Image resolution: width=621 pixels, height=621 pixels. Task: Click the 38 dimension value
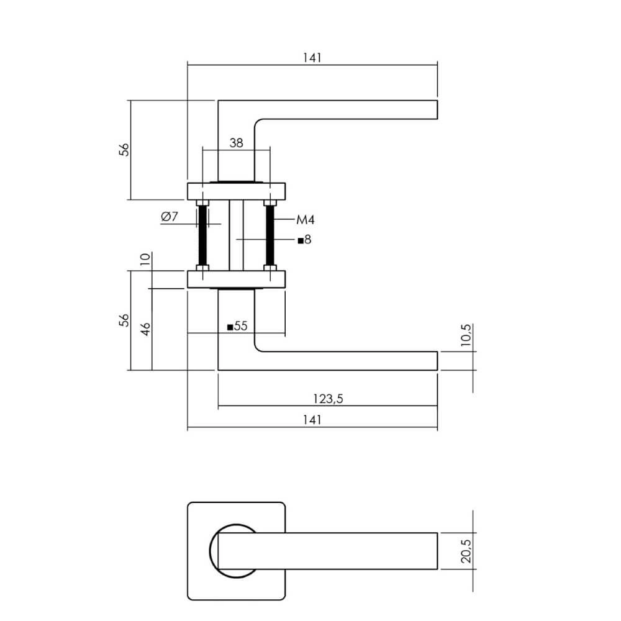pyautogui.click(x=236, y=143)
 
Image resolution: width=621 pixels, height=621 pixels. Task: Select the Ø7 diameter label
pyautogui.click(x=170, y=217)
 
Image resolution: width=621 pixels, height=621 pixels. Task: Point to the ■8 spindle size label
pyautogui.click(x=304, y=240)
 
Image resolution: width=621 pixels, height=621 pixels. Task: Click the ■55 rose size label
pyautogui.click(x=237, y=326)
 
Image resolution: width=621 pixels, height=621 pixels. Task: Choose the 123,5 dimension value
pyautogui.click(x=328, y=399)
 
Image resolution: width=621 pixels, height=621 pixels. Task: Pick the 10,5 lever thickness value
pyautogui.click(x=468, y=338)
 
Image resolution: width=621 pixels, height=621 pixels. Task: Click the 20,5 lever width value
pyautogui.click(x=468, y=551)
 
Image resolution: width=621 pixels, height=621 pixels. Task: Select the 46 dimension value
pyautogui.click(x=145, y=329)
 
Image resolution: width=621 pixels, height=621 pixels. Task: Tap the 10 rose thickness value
pyautogui.click(x=145, y=259)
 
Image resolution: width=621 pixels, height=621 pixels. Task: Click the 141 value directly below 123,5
pyautogui.click(x=312, y=420)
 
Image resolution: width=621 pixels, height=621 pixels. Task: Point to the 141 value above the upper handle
pyautogui.click(x=312, y=57)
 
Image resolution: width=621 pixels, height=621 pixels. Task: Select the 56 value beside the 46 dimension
pyautogui.click(x=124, y=320)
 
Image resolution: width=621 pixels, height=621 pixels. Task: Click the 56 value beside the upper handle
pyautogui.click(x=124, y=150)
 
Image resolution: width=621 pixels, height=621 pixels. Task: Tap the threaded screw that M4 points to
pyautogui.click(x=270, y=236)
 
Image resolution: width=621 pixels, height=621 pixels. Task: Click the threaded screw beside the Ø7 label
pyautogui.click(x=202, y=236)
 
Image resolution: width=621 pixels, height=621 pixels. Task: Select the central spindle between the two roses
pyautogui.click(x=236, y=236)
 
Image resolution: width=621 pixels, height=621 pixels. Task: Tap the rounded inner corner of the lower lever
pyautogui.click(x=258, y=348)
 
